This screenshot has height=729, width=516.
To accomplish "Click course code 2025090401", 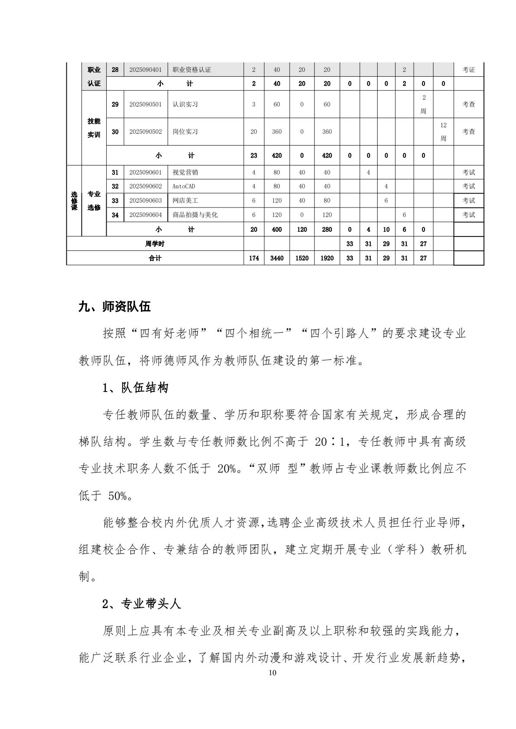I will coord(145,70).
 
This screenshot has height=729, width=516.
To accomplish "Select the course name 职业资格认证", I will coord(192,70).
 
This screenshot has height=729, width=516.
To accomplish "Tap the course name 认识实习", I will coord(185,104).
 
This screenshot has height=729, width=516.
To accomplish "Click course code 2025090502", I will coord(145,132).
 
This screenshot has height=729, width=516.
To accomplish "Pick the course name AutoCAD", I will coord(184,186).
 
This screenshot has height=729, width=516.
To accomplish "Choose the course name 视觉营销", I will coord(185,172).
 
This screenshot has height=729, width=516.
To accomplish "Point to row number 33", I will coord(115,201).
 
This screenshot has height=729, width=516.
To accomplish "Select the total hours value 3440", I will coord(277,258).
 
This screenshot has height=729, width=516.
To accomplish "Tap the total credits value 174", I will coord(254,258).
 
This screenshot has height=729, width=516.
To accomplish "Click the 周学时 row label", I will coord(155,244).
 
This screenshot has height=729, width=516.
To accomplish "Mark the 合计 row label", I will coord(155,258).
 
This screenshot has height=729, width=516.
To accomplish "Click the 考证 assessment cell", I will coord(468,70).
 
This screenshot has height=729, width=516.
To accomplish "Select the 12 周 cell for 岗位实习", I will coord(443,132).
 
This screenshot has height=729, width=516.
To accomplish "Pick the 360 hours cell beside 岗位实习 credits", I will coord(277,132).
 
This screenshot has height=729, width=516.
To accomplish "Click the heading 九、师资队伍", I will coord(114,307).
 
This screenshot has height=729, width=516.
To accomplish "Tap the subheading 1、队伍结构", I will coord(135,388).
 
